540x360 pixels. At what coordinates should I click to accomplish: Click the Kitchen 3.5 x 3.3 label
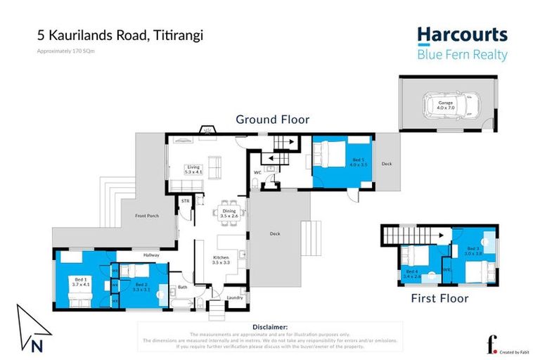(x=221, y=260)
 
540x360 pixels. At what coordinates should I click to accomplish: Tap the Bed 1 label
(x=81, y=282)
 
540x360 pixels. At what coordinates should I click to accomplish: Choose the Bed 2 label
(x=141, y=287)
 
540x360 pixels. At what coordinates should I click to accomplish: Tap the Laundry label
(x=234, y=298)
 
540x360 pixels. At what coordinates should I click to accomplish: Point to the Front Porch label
(x=146, y=216)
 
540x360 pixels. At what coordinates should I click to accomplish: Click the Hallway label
(x=152, y=255)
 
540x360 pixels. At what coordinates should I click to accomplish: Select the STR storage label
(x=186, y=201)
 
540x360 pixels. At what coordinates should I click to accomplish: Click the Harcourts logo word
(x=462, y=34)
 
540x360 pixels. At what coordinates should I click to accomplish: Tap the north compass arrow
(x=33, y=323)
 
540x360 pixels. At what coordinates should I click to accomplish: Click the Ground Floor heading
(x=272, y=120)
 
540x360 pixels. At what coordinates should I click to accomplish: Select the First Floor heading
(x=439, y=298)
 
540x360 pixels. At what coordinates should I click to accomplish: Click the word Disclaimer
(x=269, y=327)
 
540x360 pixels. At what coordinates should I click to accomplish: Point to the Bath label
(x=182, y=288)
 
